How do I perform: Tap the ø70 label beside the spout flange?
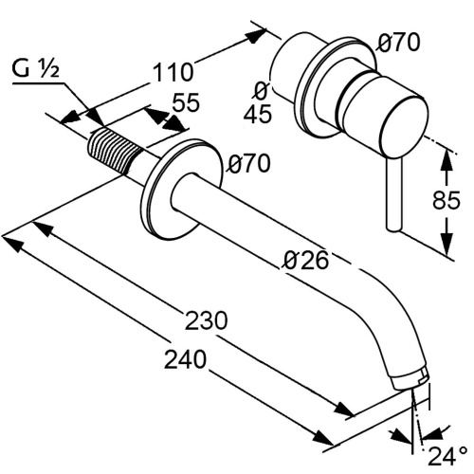pyautogui.click(x=249, y=163)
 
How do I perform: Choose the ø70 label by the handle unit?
pyautogui.click(x=398, y=42)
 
